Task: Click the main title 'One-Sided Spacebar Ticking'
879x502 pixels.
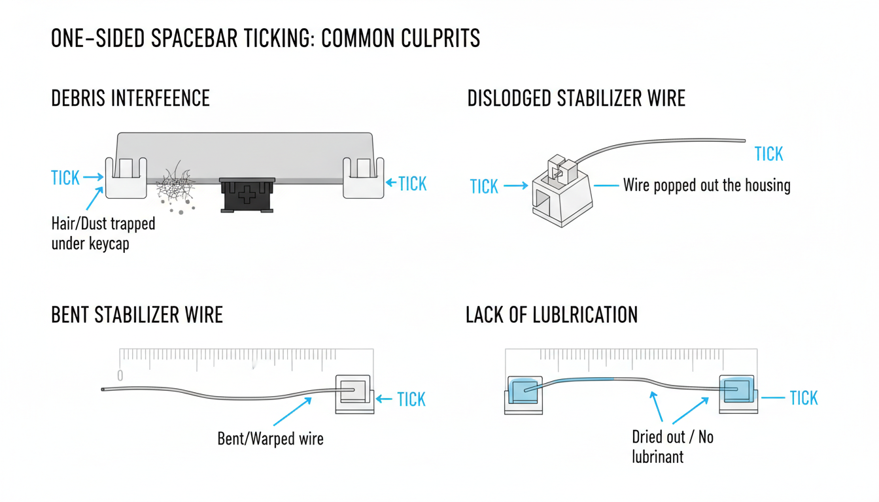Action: [265, 39]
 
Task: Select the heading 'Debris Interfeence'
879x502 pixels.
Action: [130, 99]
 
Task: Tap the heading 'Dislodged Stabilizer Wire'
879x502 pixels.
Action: [576, 99]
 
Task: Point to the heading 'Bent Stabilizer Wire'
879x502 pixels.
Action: [137, 314]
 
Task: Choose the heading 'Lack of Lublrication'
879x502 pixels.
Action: [551, 314]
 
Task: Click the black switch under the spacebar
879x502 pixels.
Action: [247, 194]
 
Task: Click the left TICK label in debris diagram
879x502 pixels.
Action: [65, 178]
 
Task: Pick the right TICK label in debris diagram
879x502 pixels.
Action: [412, 184]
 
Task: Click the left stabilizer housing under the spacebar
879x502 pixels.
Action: [126, 177]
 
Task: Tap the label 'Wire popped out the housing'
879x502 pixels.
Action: [706, 186]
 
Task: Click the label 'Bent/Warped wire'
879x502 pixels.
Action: [270, 438]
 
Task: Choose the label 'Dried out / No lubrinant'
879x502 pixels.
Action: [672, 446]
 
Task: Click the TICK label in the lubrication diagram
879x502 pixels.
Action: [803, 398]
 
